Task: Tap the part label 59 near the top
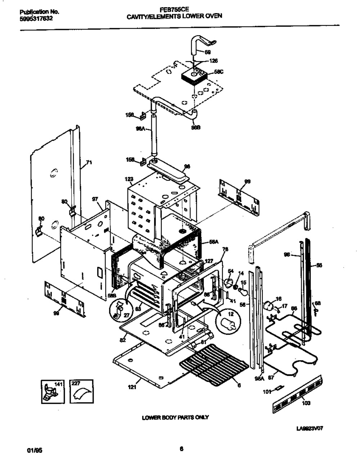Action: [208, 52]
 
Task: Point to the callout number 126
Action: [213, 61]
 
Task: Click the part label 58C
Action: [219, 72]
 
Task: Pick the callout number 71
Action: [89, 163]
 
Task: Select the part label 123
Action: [129, 179]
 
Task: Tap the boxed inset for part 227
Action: [81, 392]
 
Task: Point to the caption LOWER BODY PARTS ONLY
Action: [175, 417]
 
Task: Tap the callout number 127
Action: [209, 262]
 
